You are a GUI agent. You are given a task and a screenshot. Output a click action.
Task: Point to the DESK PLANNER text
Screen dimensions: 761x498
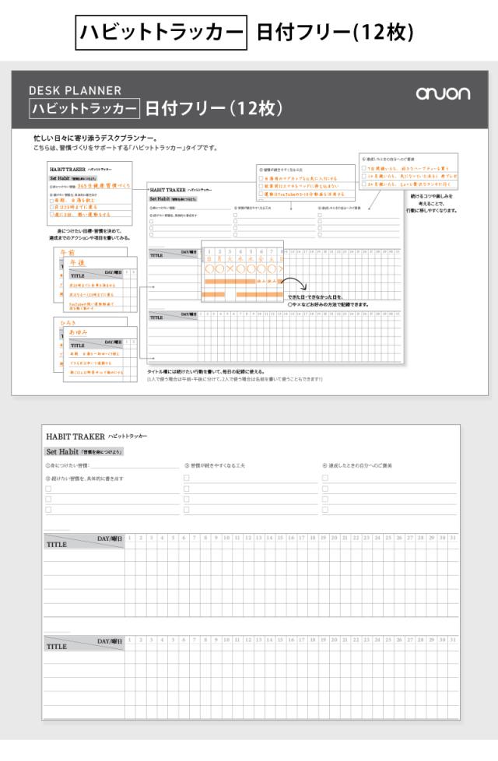(x=75, y=90)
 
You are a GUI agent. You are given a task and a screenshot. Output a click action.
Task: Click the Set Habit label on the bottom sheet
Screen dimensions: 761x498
(x=59, y=451)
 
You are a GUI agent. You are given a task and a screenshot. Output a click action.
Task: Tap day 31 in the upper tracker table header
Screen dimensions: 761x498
(x=453, y=538)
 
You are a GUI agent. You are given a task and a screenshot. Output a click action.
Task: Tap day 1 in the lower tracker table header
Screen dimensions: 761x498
(x=130, y=640)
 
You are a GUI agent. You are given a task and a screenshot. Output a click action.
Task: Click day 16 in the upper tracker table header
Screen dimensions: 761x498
(x=291, y=538)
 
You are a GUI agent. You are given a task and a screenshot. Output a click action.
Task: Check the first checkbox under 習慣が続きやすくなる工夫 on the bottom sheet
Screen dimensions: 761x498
(x=187, y=489)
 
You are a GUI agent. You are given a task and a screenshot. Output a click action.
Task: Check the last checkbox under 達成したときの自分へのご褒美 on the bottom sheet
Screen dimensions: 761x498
(x=325, y=510)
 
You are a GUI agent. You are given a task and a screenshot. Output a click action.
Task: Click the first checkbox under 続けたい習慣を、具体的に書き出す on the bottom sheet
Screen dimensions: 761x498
(x=48, y=489)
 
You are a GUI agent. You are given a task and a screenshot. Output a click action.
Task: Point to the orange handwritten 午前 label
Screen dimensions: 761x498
(x=68, y=253)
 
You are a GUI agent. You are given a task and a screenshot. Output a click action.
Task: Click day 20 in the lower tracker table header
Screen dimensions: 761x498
(x=334, y=640)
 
